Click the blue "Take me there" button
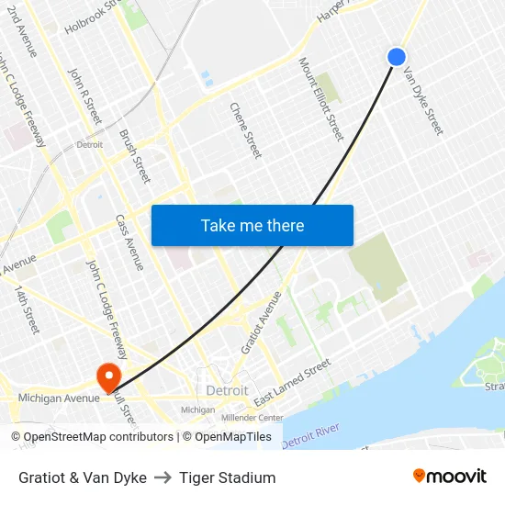pyautogui.click(x=252, y=225)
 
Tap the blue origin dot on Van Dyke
pyautogui.click(x=397, y=57)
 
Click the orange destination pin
pyautogui.click(x=107, y=376)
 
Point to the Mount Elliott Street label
pyautogui.click(x=321, y=99)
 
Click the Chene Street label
pyautogui.click(x=246, y=129)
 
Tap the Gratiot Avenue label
pyautogui.click(x=262, y=323)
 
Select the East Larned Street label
pyautogui.click(x=292, y=382)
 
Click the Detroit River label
pyautogui.click(x=310, y=436)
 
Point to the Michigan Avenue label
pyautogui.click(x=59, y=398)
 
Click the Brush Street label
pyautogui.click(x=135, y=156)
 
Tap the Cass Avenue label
pyautogui.click(x=129, y=242)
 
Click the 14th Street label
pyautogui.click(x=27, y=309)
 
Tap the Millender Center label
pyautogui.click(x=252, y=417)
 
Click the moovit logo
pyautogui.click(x=449, y=477)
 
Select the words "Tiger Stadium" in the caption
pyautogui.click(x=228, y=477)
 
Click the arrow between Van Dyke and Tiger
pyautogui.click(x=163, y=477)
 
